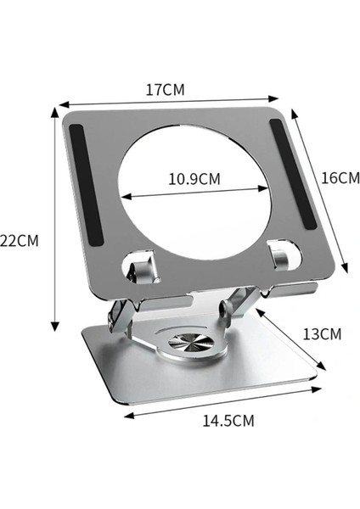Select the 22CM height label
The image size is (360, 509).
tap(20, 239)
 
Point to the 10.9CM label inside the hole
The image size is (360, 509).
tap(194, 179)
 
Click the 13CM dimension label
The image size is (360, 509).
tap(322, 333)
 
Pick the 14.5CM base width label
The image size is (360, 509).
tap(228, 419)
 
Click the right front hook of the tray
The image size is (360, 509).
tap(280, 255)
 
